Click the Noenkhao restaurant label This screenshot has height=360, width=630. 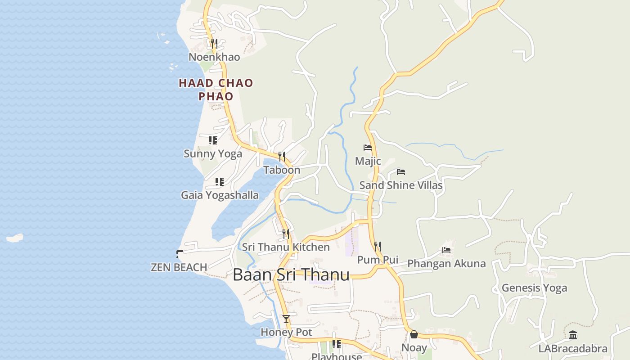pyautogui.click(x=214, y=57)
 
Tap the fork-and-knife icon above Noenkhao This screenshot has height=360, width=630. pyautogui.click(x=214, y=43)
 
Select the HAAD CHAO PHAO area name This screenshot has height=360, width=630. pyautogui.click(x=216, y=90)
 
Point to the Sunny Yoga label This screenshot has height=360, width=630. pyautogui.click(x=213, y=153)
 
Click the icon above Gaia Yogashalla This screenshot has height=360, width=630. pyautogui.click(x=219, y=182)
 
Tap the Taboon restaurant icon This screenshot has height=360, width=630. pyautogui.click(x=282, y=157)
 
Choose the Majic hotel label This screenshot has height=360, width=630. pyautogui.click(x=368, y=161)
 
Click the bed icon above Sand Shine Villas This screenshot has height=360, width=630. pyautogui.click(x=401, y=172)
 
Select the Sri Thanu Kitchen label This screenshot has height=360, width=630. pyautogui.click(x=286, y=247)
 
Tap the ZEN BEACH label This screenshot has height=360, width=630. pyautogui.click(x=179, y=267)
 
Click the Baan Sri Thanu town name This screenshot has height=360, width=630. pyautogui.click(x=291, y=274)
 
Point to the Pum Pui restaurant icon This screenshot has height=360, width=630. pyautogui.click(x=378, y=246)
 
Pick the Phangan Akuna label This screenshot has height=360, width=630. pyautogui.click(x=446, y=264)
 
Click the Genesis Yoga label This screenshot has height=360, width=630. pyautogui.click(x=534, y=288)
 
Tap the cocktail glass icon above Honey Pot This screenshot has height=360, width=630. pyautogui.click(x=286, y=319)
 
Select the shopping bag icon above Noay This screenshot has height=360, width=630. pyautogui.click(x=414, y=334)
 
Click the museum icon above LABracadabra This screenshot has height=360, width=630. pyautogui.click(x=573, y=335)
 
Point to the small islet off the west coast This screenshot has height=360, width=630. pyautogui.click(x=14, y=238)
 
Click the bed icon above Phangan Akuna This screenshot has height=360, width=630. pyautogui.click(x=446, y=250)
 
